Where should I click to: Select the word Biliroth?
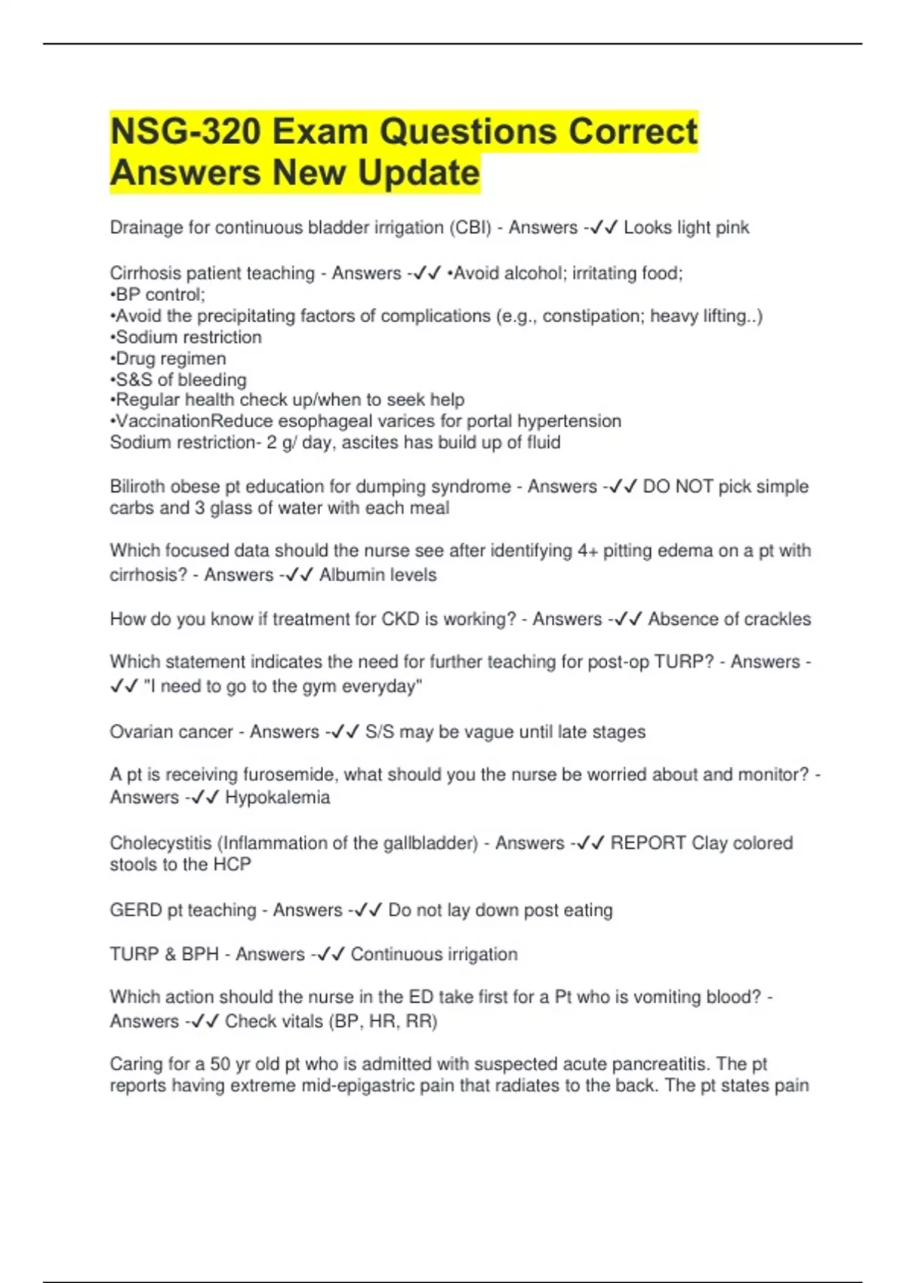click(x=138, y=487)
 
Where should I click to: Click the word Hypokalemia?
click(x=277, y=798)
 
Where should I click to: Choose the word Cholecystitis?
click(x=160, y=843)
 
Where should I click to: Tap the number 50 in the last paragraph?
click(x=220, y=1064)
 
